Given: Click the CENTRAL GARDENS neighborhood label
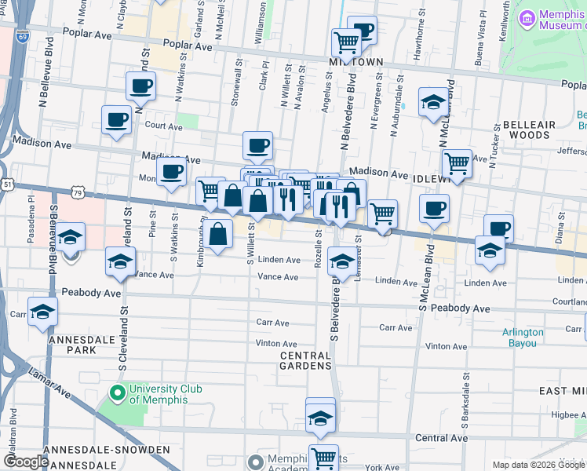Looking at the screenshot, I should coord(306,361).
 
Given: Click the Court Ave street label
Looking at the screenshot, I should coord(163,126).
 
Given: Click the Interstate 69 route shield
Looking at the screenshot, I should coord(21,37).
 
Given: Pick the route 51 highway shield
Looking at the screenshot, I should coord(7,184).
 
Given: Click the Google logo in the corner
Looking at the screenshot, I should coord(26,462).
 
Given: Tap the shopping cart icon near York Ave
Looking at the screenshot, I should coord(323,457).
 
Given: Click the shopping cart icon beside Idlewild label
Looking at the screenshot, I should coord(456,163).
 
